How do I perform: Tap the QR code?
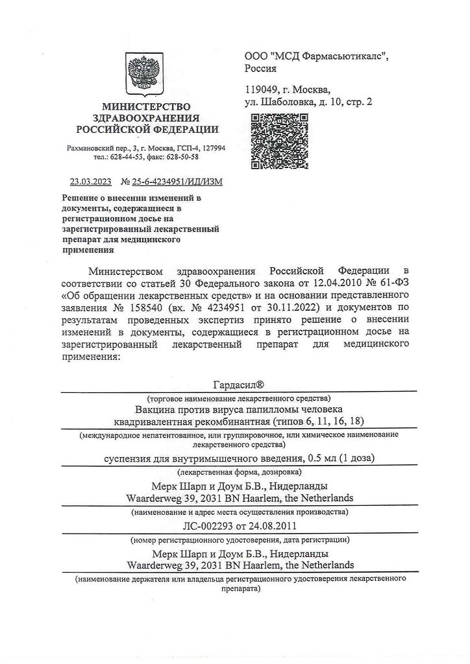(279, 141)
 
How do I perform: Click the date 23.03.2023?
(90, 182)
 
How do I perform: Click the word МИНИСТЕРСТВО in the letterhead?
(146, 106)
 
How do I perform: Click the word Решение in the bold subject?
(81, 197)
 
